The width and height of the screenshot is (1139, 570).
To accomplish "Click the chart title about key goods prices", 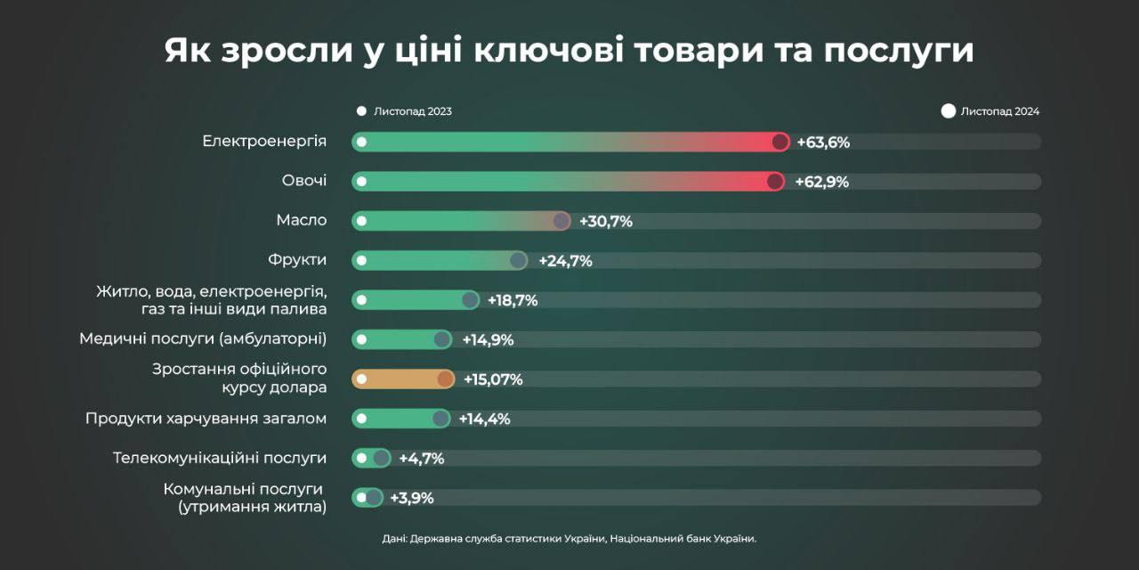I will (569, 51).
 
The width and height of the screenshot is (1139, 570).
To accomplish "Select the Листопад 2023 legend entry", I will (405, 111).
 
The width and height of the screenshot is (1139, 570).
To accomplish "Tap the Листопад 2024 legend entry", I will (990, 111).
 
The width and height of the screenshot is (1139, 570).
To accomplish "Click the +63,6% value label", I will (823, 142).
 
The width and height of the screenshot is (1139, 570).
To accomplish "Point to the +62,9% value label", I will (822, 182).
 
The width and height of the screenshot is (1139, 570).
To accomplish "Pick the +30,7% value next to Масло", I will (606, 221).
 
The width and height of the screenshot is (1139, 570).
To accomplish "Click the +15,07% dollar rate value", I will (493, 379).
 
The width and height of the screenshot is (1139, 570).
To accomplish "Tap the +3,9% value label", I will (412, 498).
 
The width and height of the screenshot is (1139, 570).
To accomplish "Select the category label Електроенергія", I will (264, 141).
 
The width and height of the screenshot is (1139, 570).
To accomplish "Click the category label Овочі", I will (304, 181).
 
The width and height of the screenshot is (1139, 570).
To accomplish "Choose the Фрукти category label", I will (297, 260).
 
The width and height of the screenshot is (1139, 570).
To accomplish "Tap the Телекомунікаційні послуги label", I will (220, 458).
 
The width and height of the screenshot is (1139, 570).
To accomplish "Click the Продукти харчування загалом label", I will (206, 419).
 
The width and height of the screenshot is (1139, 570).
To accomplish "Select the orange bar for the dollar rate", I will (402, 379).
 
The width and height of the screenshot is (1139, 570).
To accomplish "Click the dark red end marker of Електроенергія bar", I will (780, 142).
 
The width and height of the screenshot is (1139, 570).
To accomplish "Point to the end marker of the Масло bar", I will (561, 221).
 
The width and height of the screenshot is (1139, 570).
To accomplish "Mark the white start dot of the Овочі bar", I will (361, 182).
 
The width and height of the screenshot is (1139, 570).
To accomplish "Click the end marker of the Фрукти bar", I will (518, 260).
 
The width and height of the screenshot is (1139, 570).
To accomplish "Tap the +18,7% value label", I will (513, 300).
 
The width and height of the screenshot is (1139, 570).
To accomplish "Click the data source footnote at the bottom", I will (569, 539).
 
